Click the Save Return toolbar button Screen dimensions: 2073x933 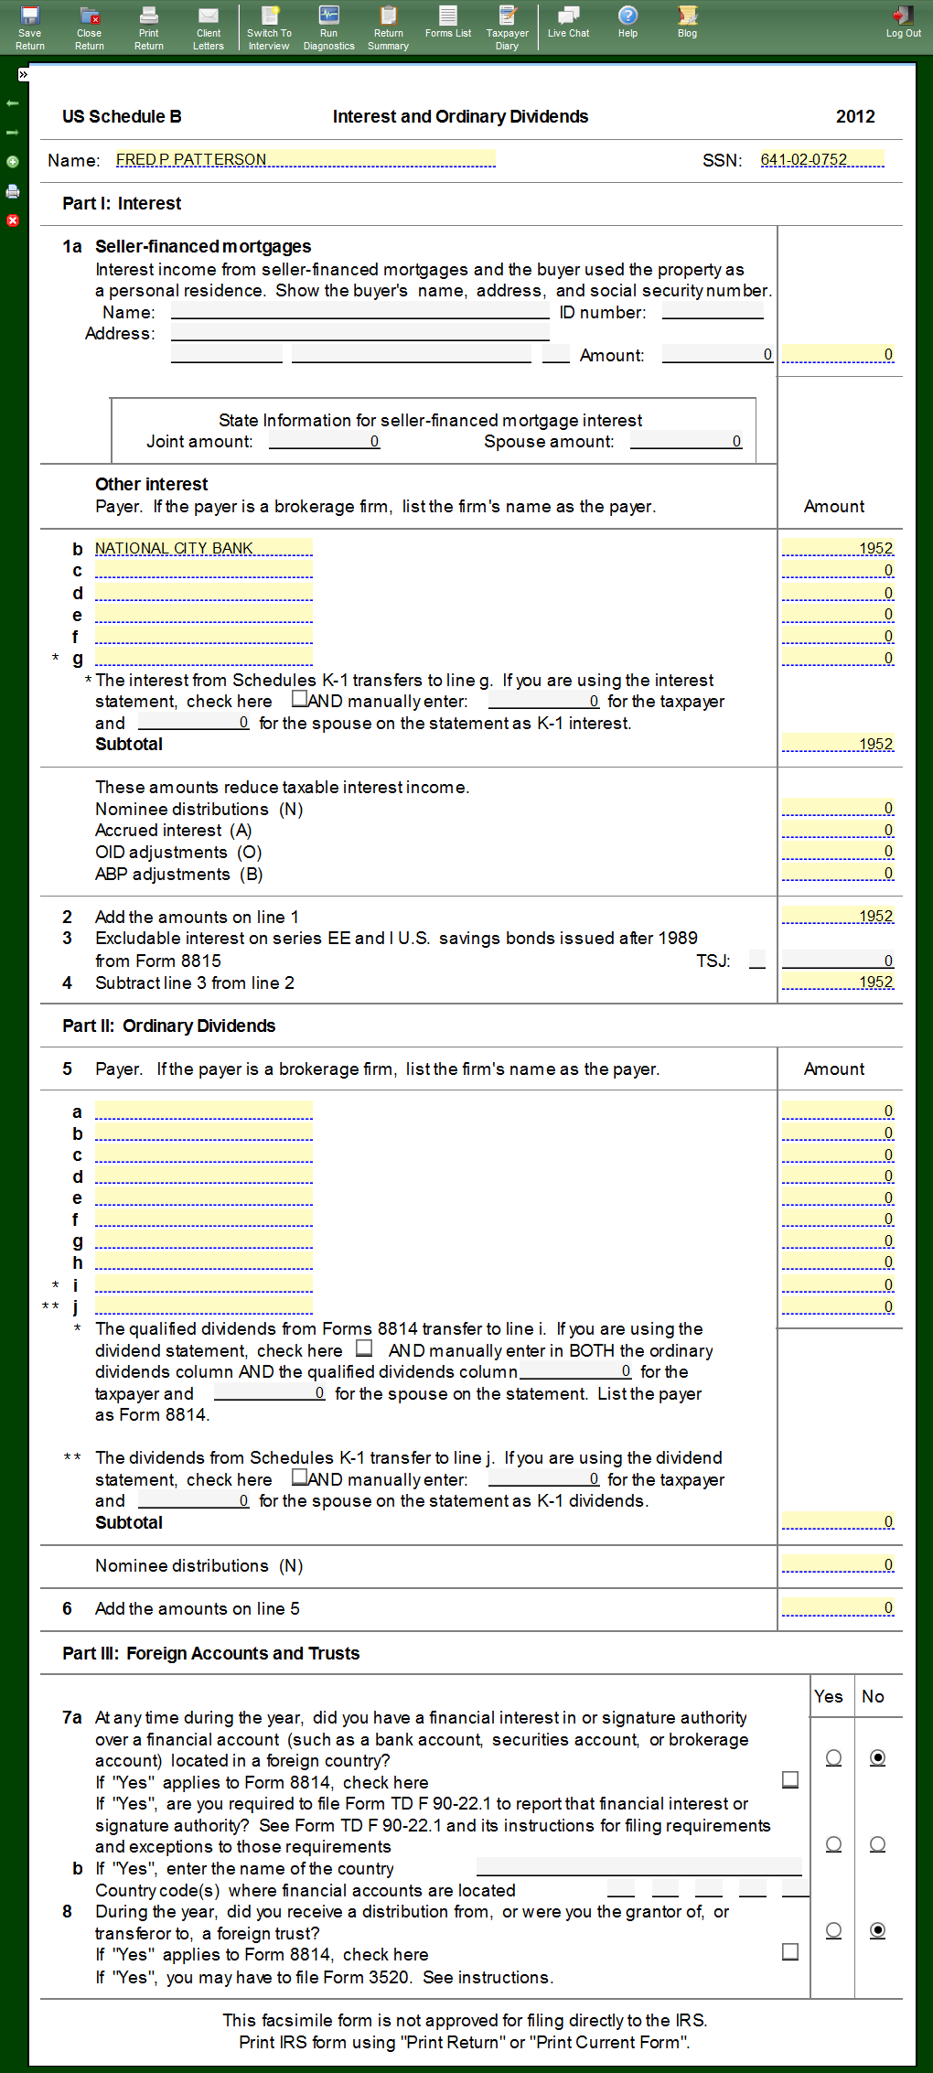pos(29,27)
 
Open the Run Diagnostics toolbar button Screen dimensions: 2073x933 pos(328,27)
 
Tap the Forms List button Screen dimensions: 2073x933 pos(447,22)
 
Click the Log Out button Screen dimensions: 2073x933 pos(903,22)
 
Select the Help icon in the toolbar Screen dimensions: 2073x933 pos(627,22)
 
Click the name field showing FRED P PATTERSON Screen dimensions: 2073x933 pos(305,159)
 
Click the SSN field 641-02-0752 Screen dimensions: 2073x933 pos(821,159)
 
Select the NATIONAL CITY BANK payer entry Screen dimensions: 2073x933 pos(203,548)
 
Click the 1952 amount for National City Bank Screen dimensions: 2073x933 pos(838,548)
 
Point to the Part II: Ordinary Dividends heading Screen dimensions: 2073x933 pos(168,1026)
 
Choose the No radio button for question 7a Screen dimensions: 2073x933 pos(877,1757)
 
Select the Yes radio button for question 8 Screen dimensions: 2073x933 pos(833,1929)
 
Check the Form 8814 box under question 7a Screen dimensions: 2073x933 pos(790,1779)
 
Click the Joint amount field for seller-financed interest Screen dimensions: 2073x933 pos(324,441)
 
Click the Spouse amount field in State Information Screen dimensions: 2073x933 pos(686,441)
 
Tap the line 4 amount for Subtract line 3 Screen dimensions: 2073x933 pos(838,982)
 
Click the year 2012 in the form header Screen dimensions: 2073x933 pos(855,116)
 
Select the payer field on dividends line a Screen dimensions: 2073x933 pos(203,1111)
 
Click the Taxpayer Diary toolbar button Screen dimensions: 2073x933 pos(507,27)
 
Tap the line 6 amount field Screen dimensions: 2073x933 pos(838,1607)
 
